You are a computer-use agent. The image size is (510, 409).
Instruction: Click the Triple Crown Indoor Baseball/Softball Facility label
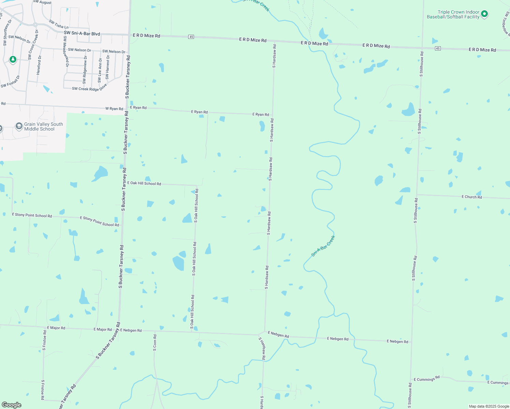click(453, 14)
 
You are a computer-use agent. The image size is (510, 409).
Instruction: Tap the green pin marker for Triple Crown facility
click(484, 14)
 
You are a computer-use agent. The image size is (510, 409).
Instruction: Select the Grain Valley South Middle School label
click(43, 126)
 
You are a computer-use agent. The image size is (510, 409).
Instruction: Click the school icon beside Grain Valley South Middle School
click(19, 126)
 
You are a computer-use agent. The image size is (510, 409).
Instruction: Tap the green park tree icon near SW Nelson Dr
click(13, 60)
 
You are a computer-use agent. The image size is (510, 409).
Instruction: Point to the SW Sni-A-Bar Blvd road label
click(82, 33)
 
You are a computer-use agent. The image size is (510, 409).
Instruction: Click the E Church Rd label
click(471, 197)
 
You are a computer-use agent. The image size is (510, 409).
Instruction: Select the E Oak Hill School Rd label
click(144, 183)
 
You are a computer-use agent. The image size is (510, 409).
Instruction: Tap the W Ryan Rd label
click(114, 109)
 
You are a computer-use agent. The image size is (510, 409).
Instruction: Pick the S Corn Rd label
click(155, 343)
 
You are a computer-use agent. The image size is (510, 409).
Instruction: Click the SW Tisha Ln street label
click(59, 25)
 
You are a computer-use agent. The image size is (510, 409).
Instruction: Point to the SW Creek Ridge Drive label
click(90, 89)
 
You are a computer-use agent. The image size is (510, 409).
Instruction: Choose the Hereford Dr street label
click(39, 65)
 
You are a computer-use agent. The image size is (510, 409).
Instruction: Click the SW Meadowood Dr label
click(65, 51)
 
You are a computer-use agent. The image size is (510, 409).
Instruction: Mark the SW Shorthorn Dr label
click(5, 33)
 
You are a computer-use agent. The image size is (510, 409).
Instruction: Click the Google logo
click(12, 405)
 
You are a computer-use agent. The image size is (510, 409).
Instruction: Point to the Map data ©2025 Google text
click(489, 406)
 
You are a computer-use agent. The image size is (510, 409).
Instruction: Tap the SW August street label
click(42, 2)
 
